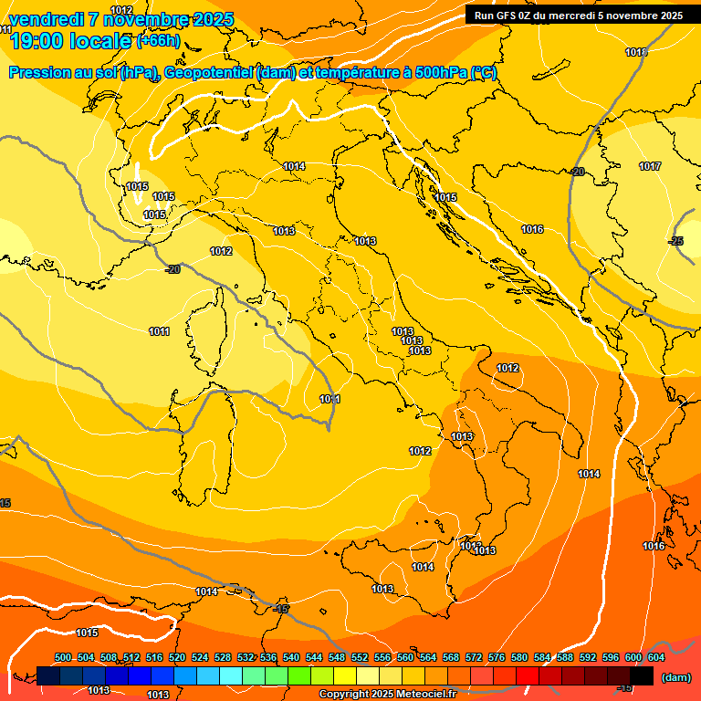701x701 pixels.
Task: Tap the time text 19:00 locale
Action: (x=69, y=40)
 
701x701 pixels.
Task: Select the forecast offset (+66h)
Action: (x=159, y=41)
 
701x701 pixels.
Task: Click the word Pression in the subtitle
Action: (x=41, y=73)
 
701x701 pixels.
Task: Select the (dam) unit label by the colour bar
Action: (x=675, y=677)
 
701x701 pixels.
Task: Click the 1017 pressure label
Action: (x=650, y=166)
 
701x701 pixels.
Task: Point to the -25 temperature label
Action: (x=675, y=241)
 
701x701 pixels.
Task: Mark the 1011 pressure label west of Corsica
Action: (x=159, y=331)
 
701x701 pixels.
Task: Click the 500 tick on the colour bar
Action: (x=63, y=657)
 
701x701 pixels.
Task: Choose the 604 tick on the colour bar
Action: (x=656, y=657)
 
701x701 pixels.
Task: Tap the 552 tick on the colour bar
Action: (x=360, y=657)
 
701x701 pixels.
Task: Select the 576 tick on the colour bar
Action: (x=497, y=657)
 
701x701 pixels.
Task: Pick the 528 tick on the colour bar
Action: (x=223, y=657)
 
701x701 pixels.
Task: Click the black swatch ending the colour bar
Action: (x=643, y=675)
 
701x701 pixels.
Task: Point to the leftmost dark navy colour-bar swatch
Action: (x=49, y=675)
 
